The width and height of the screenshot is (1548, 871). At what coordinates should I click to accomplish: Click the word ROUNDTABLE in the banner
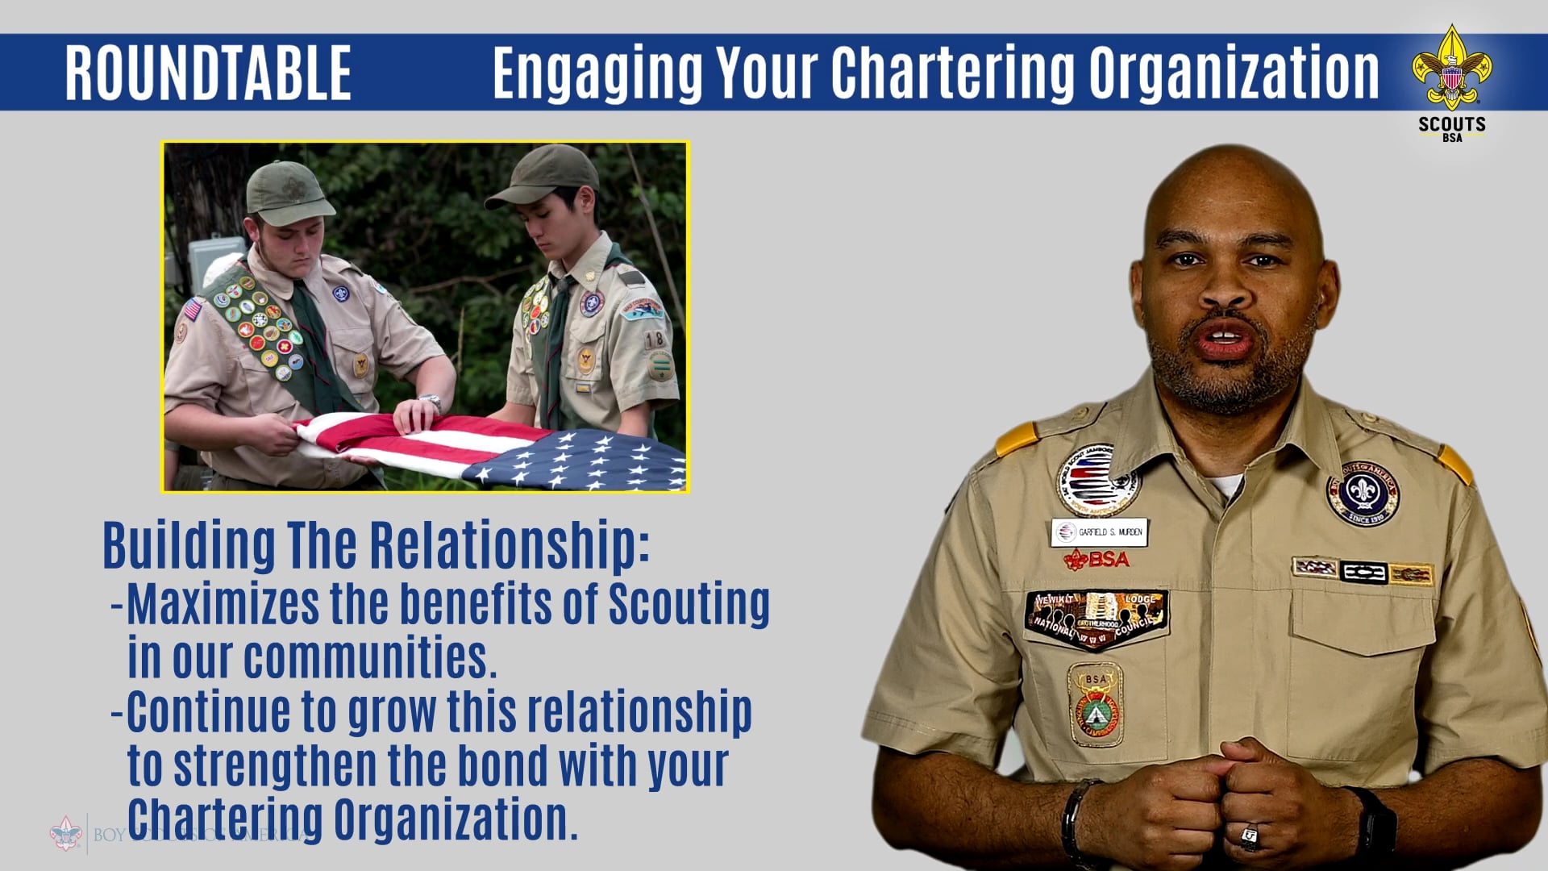coord(208,73)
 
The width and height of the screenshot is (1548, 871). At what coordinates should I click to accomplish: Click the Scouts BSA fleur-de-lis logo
coord(1451,69)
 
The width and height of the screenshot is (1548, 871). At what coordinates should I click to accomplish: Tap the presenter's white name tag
coord(1100,532)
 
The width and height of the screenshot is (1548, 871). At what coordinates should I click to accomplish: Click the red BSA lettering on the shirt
coord(1098,559)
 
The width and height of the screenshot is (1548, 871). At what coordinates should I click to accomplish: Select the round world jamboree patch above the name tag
coord(1096,481)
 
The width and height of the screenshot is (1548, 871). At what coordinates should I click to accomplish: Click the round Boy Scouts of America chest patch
coord(1363,493)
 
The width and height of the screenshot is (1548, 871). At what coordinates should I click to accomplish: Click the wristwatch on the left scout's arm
coord(431,400)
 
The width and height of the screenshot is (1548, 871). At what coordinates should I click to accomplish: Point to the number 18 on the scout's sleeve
coord(654,340)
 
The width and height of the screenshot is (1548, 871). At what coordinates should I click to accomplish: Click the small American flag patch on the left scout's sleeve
coord(192,309)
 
